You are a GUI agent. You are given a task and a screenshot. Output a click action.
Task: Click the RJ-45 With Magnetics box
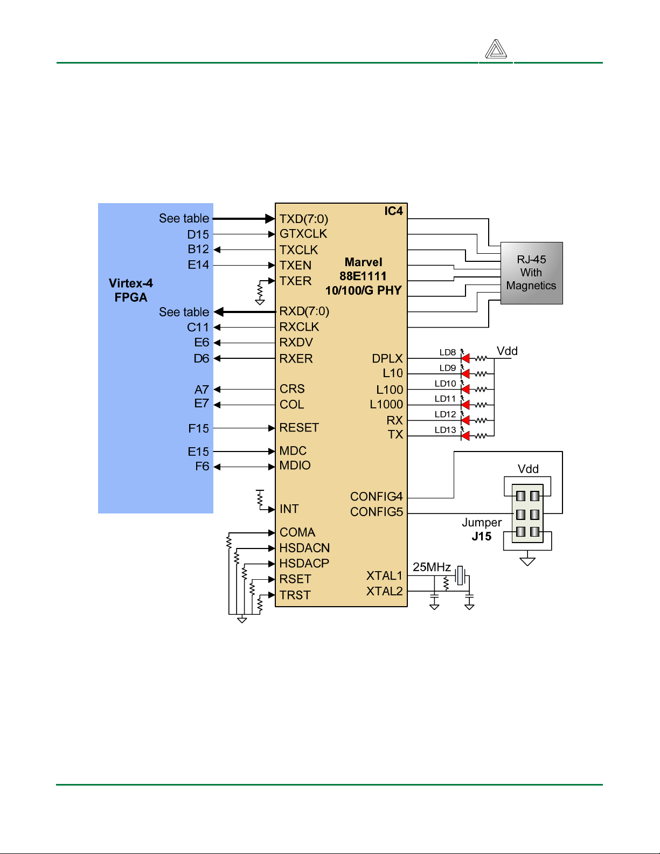pyautogui.click(x=531, y=273)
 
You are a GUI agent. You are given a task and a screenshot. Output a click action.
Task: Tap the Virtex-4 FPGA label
pyautogui.click(x=131, y=290)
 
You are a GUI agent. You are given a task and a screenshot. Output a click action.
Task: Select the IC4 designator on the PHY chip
pyautogui.click(x=393, y=211)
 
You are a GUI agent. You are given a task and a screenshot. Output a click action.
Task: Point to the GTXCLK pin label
pyautogui.click(x=303, y=234)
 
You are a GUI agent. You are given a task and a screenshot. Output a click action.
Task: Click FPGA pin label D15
pyautogui.click(x=198, y=234)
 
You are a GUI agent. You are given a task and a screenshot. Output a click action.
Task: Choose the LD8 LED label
pyautogui.click(x=448, y=352)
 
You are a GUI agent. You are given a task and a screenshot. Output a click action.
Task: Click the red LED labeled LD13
pyautogui.click(x=466, y=436)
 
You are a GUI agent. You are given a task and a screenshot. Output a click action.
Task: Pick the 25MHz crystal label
pyautogui.click(x=432, y=567)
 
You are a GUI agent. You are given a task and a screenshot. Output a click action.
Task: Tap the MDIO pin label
pyautogui.click(x=295, y=466)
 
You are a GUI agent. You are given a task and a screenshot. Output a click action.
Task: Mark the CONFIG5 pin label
pyautogui.click(x=377, y=512)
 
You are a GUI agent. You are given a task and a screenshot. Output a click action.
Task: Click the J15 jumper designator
pyautogui.click(x=481, y=536)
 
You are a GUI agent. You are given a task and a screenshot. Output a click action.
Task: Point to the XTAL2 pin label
pyautogui.click(x=384, y=591)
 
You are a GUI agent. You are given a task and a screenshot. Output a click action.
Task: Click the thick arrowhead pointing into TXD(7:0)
pyautogui.click(x=270, y=219)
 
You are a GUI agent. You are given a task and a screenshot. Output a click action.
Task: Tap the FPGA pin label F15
pyautogui.click(x=198, y=428)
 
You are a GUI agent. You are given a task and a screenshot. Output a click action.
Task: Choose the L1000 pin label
pyautogui.click(x=386, y=405)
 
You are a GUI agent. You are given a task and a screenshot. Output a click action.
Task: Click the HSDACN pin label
pyautogui.click(x=304, y=548)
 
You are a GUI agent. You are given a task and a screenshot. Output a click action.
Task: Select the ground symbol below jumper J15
pyautogui.click(x=527, y=561)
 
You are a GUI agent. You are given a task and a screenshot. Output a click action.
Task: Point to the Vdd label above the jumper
pyautogui.click(x=527, y=469)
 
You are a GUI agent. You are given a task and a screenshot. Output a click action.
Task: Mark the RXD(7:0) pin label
pyautogui.click(x=304, y=311)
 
